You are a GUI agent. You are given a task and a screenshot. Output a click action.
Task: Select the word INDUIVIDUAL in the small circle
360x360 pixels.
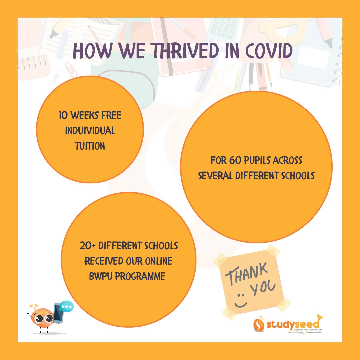tap(90, 131)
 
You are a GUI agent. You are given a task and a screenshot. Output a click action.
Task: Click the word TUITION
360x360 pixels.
tap(90, 146)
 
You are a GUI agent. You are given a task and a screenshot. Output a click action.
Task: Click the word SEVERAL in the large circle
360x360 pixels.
tap(214, 176)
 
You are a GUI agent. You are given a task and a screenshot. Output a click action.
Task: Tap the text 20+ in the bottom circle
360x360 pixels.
tap(88, 246)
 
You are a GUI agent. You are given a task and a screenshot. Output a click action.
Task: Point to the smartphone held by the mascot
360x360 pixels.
tap(58, 312)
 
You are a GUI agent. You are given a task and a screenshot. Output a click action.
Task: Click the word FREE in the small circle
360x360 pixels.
tap(110, 116)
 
